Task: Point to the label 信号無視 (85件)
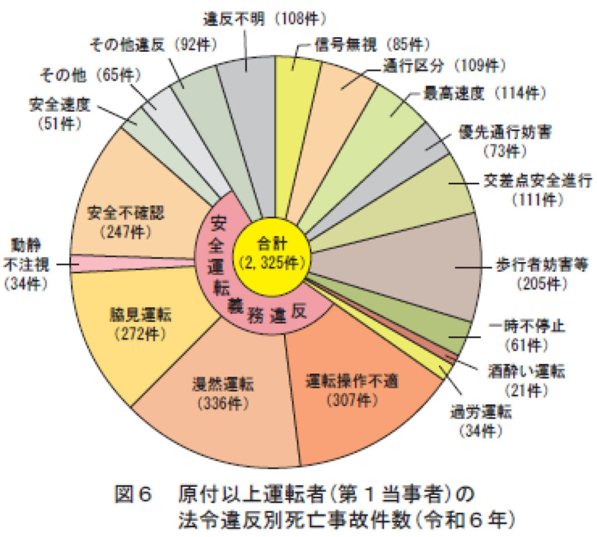372,44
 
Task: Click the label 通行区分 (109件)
444,66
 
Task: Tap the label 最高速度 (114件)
484,93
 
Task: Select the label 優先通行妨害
505,133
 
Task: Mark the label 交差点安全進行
538,181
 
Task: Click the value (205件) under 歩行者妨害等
542,284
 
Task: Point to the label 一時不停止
526,327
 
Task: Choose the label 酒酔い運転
526,372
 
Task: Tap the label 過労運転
481,412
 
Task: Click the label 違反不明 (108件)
265,18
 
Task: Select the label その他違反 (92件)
153,45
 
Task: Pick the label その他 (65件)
90,75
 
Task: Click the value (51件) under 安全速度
60,123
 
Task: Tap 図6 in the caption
134,494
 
